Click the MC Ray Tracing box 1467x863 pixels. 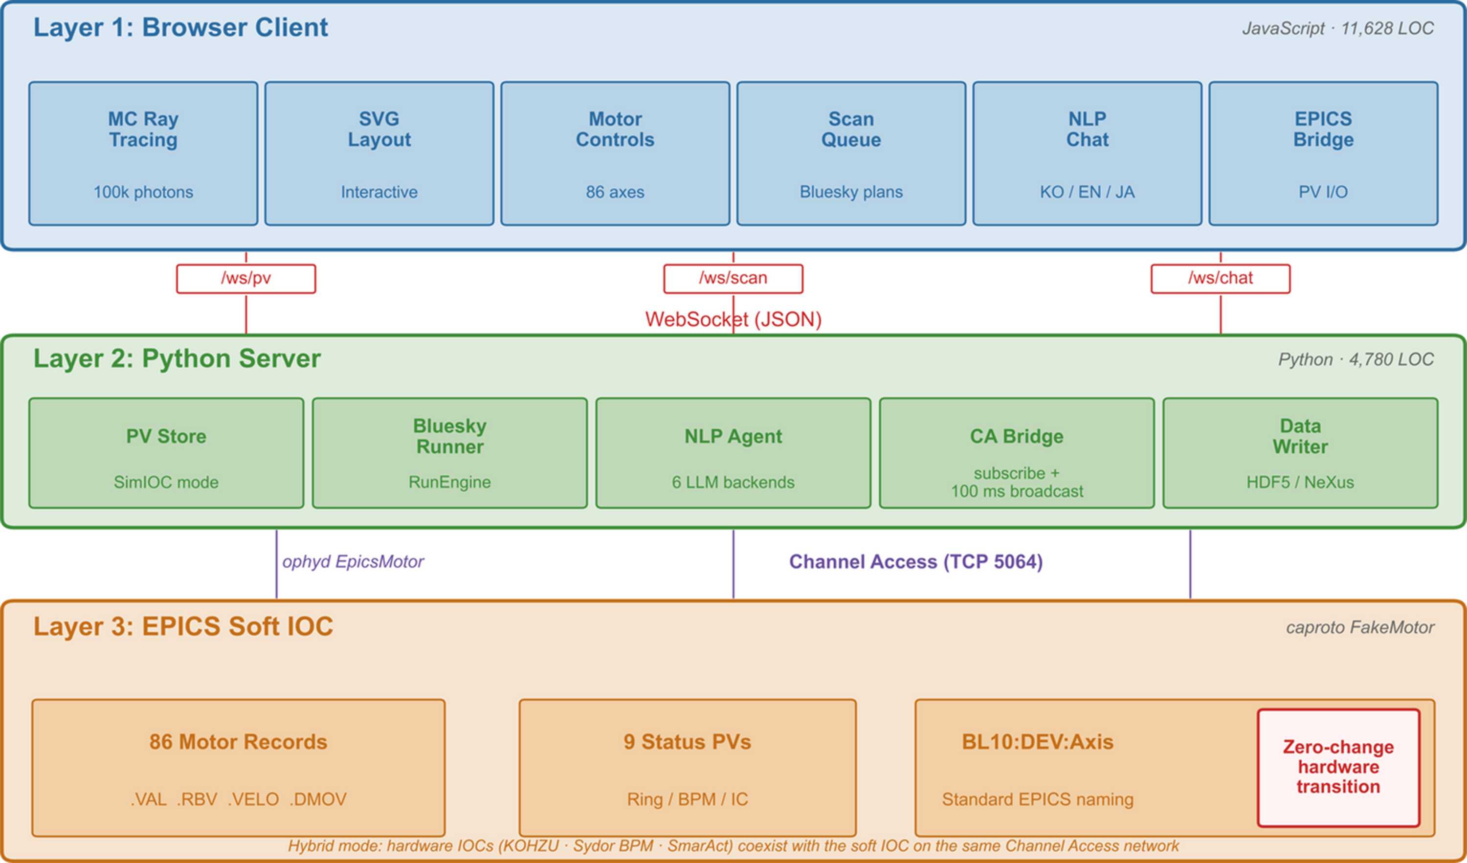tap(143, 154)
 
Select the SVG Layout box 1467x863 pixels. tap(379, 154)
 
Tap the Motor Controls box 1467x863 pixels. tap(615, 154)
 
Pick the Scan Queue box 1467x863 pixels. tap(851, 154)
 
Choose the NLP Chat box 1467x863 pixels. tap(1088, 154)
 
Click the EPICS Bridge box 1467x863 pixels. tap(1323, 154)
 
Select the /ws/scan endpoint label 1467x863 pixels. tap(733, 279)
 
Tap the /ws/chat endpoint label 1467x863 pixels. tap(1221, 279)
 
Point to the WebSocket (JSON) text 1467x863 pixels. tap(733, 319)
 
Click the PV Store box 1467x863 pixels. tap(166, 453)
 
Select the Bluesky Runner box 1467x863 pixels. tap(450, 453)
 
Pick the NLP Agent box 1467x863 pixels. tap(733, 453)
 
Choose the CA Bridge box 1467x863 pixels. tap(1017, 453)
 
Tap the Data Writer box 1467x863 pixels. tap(1301, 453)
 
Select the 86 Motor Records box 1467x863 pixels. tap(238, 768)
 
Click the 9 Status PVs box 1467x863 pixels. tap(688, 768)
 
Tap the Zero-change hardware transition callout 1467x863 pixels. tap(1338, 768)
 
